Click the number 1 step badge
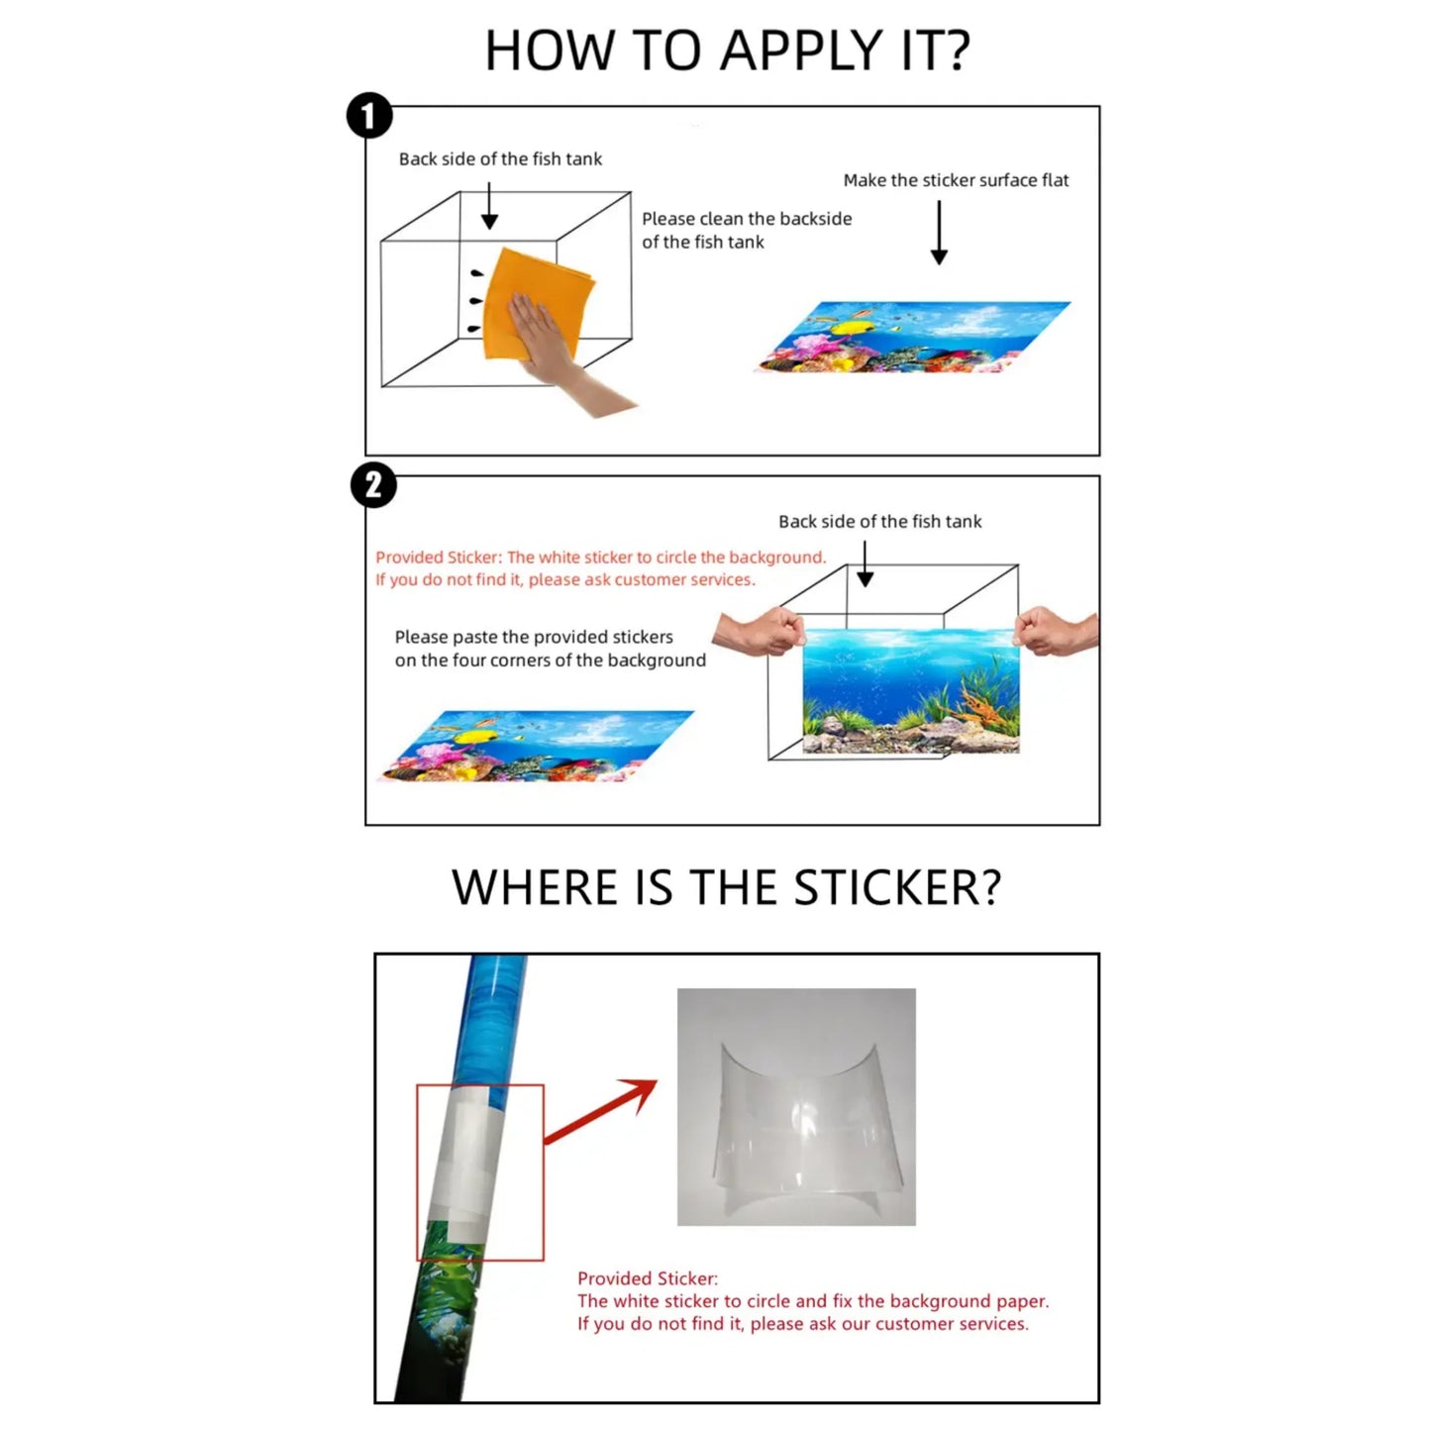[x=369, y=115]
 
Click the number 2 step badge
[x=372, y=485]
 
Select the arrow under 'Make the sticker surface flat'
[x=939, y=232]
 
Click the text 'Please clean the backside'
[x=747, y=218]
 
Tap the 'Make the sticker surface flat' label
[x=956, y=179]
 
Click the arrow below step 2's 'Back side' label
[x=865, y=563]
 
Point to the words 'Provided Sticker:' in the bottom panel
[x=648, y=1278]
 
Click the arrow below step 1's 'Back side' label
[x=488, y=206]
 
